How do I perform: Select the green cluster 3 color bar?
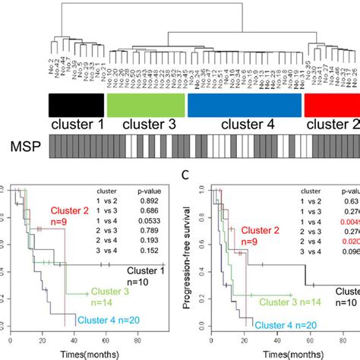pyautogui.click(x=144, y=104)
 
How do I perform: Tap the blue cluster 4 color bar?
pyautogui.click(x=243, y=104)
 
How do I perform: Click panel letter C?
pyautogui.click(x=195, y=176)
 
